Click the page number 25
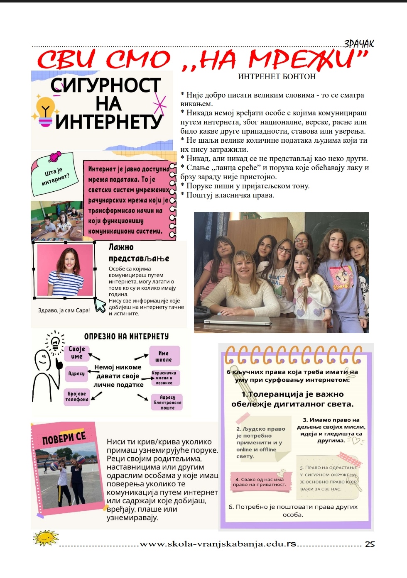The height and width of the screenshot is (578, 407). pos(370,544)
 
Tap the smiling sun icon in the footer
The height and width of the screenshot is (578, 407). pos(45,537)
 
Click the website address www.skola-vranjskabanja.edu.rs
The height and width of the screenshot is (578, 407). pos(218,544)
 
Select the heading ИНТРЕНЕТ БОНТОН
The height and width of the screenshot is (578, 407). pos(277,76)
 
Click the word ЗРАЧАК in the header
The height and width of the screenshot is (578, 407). pos(359,44)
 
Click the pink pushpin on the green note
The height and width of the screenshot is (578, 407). pos(55,156)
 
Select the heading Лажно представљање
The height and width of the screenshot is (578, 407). pos(138,253)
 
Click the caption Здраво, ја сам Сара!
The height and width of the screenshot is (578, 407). pos(64,310)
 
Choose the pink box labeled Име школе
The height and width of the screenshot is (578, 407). pos(164,356)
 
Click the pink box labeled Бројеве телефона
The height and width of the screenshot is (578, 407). pos(77,396)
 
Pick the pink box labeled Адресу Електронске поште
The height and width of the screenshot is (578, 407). pos(167,402)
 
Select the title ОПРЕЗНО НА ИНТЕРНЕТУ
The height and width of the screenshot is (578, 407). pos(126,336)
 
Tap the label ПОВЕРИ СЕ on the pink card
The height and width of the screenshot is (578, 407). pos(64,437)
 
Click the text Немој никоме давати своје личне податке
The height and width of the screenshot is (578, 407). pos(118,376)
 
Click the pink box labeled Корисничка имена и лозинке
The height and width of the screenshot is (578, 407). pos(164,378)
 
